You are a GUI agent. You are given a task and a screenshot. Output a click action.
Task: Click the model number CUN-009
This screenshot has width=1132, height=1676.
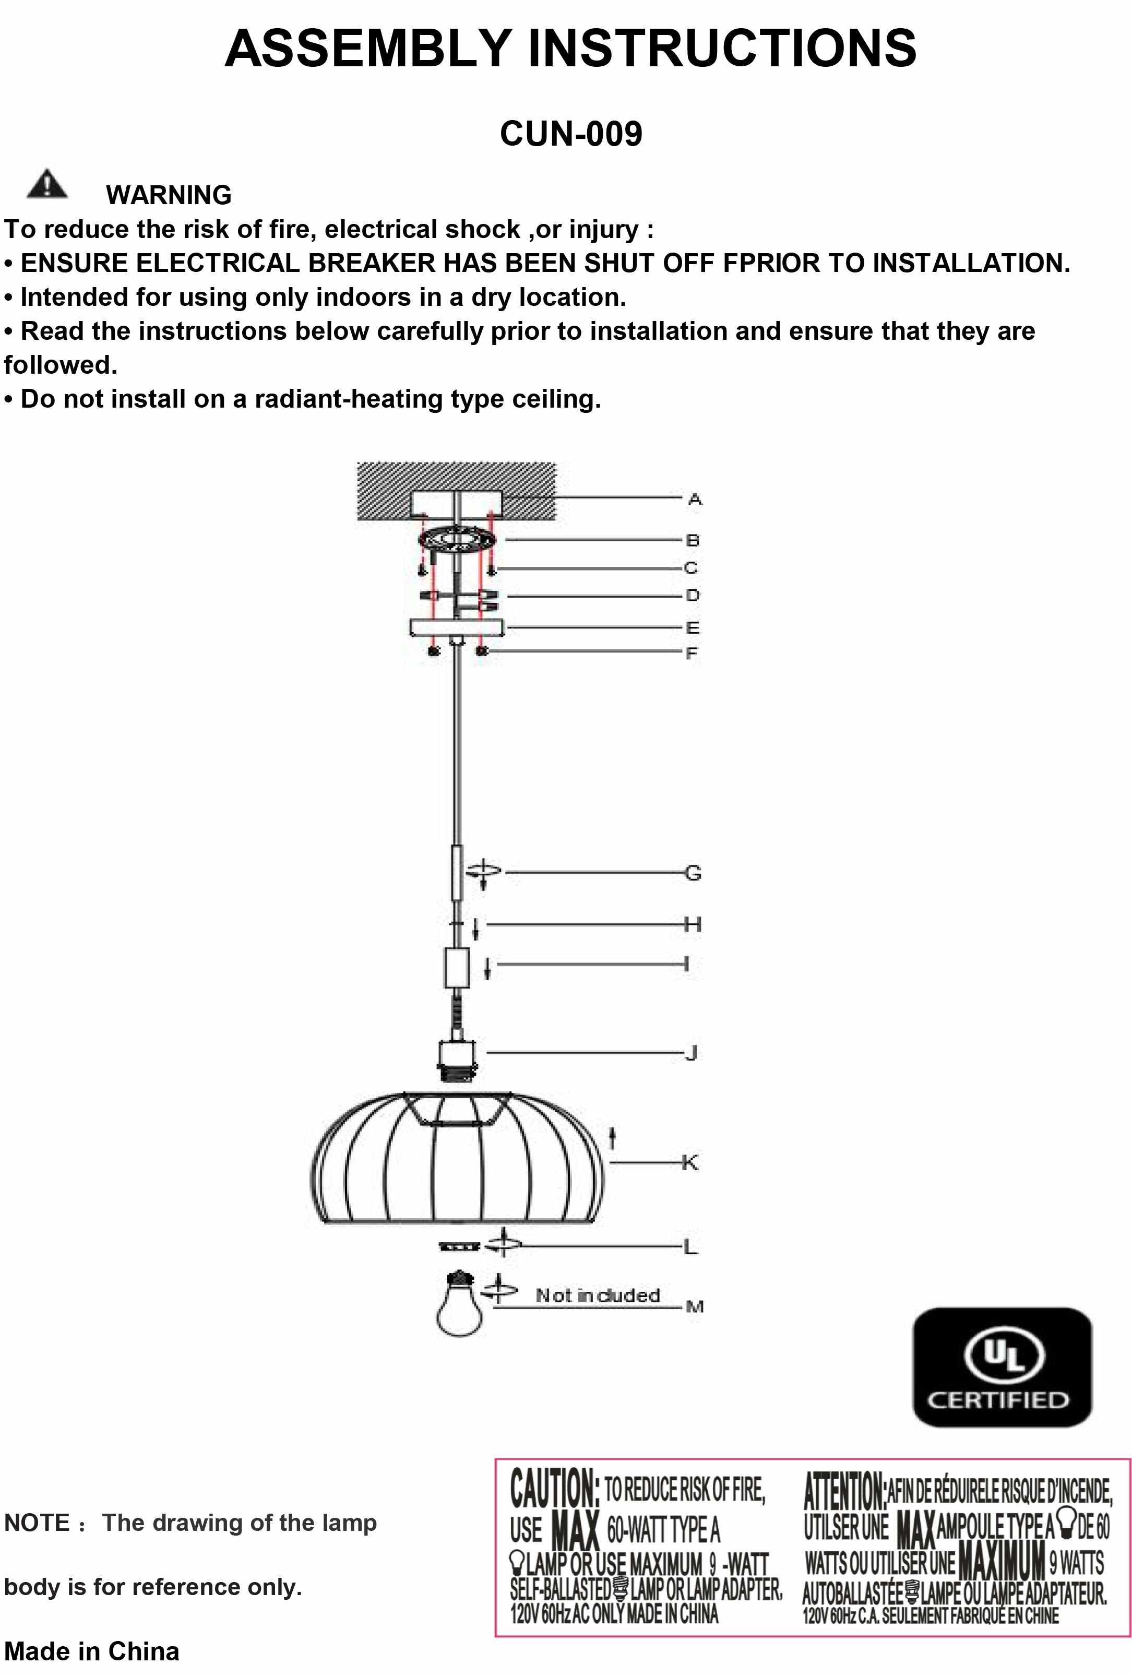click(570, 134)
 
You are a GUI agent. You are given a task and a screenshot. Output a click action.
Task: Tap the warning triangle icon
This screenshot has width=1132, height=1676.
click(47, 185)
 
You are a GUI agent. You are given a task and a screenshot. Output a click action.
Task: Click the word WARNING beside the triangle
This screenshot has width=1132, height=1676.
click(169, 195)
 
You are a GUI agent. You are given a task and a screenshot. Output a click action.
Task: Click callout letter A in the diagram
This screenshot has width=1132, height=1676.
click(694, 499)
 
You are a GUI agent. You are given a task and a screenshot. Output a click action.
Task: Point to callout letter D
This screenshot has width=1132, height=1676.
click(692, 596)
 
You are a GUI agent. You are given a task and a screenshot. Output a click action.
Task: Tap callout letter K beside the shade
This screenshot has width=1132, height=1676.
click(690, 1162)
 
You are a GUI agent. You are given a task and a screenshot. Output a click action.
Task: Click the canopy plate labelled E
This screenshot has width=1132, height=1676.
click(457, 627)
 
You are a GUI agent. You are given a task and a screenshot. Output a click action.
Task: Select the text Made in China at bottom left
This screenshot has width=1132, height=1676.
click(91, 1651)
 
